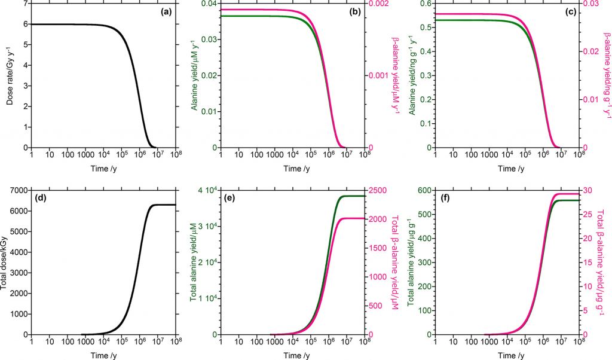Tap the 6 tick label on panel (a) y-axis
[25, 25]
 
